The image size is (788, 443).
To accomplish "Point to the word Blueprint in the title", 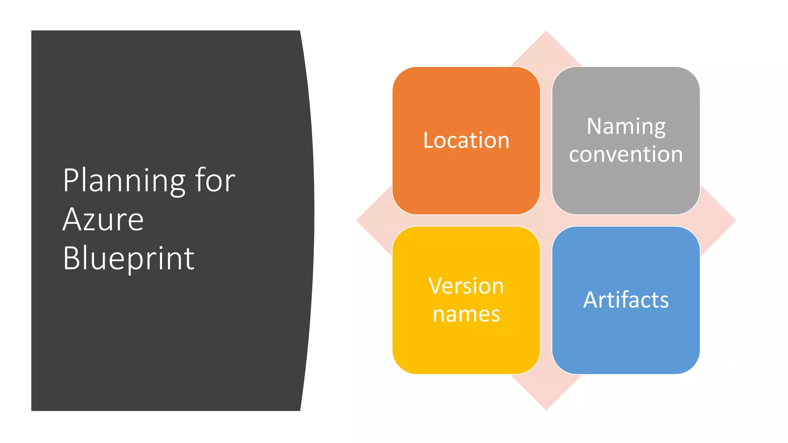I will (129, 258).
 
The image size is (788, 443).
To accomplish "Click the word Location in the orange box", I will (466, 140).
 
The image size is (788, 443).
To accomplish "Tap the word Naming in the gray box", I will (626, 127).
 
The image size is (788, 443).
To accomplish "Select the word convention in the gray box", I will (626, 154).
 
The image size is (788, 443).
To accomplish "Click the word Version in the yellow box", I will (466, 286).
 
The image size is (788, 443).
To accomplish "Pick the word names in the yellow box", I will (466, 314).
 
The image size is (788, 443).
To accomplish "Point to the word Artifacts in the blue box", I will (626, 300).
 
